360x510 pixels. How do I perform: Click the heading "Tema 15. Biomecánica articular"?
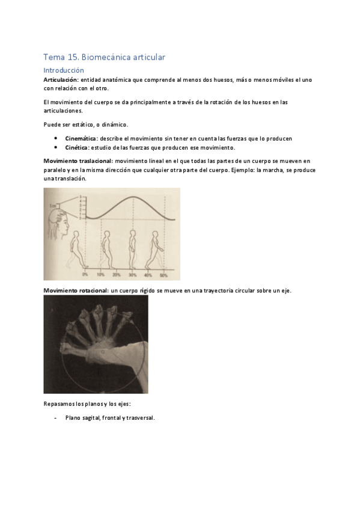click(103, 57)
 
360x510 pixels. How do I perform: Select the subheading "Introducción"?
click(63, 70)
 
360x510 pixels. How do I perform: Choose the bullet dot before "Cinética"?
click(55, 147)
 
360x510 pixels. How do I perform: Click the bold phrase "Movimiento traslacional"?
click(78, 161)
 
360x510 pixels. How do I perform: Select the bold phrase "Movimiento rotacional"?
click(76, 290)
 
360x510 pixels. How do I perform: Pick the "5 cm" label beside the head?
click(53, 206)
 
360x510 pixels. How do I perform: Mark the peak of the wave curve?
click(132, 197)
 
